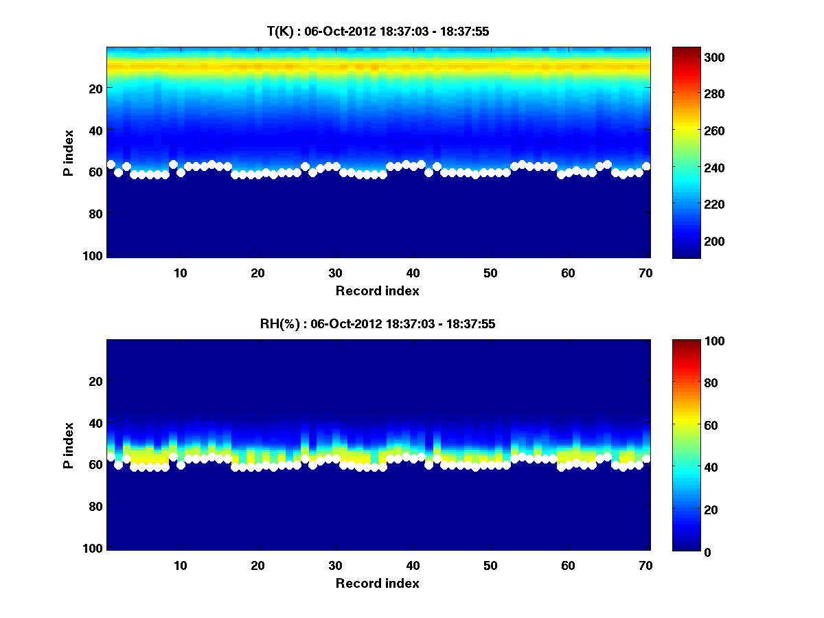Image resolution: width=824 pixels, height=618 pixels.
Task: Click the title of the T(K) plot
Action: (378, 31)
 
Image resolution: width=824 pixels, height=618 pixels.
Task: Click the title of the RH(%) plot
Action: (378, 324)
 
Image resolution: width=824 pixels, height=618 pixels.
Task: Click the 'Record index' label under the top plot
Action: (378, 291)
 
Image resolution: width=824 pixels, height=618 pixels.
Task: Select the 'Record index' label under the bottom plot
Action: (378, 584)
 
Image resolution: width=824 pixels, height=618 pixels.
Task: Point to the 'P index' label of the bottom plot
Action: (68, 445)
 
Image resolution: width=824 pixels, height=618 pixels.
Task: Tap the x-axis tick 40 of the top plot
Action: (413, 273)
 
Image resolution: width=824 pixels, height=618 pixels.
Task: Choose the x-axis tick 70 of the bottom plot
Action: (645, 565)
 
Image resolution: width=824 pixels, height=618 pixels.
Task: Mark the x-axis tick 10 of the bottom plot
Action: (180, 565)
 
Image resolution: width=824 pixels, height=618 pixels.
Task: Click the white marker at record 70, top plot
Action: (646, 166)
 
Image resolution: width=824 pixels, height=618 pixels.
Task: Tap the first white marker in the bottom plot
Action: (111, 457)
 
